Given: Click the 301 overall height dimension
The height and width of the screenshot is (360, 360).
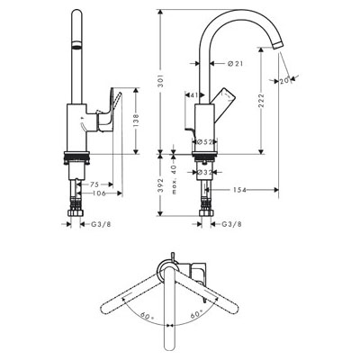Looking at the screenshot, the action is click(161, 81).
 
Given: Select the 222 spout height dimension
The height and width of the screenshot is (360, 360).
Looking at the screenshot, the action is click(261, 101).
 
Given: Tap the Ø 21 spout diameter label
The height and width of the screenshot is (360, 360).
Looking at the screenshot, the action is click(235, 63).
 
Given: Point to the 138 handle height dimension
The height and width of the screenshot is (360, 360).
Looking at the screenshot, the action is click(136, 121).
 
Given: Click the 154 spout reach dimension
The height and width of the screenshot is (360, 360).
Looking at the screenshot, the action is click(239, 190).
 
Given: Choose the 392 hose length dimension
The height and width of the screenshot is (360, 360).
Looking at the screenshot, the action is click(161, 185).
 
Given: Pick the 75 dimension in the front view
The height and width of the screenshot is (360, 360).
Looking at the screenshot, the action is click(96, 184).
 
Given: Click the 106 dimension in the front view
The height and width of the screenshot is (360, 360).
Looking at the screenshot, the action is click(98, 193).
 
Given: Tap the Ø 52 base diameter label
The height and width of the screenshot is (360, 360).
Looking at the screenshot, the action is click(204, 141).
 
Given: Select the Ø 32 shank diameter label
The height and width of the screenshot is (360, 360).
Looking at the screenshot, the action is click(205, 172).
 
